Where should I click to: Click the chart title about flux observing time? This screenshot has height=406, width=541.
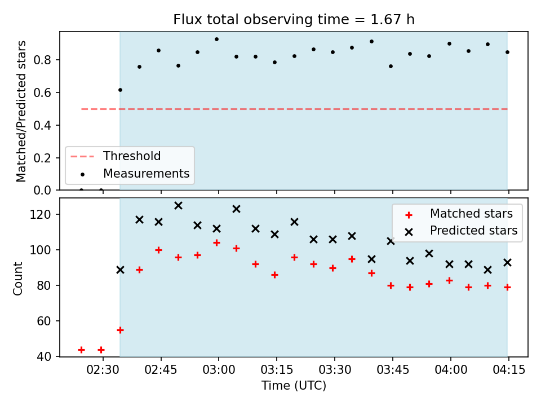tap(294, 20)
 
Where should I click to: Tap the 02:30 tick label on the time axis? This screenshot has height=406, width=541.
tap(103, 370)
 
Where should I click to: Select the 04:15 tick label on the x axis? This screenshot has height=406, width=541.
tap(509, 370)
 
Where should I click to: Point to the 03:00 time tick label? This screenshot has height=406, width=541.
tap(219, 370)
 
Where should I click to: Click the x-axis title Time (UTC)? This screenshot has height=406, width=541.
tap(294, 385)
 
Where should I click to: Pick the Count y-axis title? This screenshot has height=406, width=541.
tap(17, 279)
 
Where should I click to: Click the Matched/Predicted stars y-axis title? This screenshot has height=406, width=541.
tap(21, 111)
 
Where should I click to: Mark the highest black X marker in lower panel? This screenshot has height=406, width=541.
tap(179, 206)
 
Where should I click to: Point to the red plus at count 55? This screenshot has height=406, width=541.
tap(120, 330)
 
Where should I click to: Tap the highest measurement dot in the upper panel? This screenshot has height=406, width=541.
tap(216, 39)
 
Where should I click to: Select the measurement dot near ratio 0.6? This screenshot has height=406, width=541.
tap(120, 90)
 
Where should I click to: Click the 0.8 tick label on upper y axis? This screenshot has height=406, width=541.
tap(42, 60)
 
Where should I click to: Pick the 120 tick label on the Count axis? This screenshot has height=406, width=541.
tap(41, 214)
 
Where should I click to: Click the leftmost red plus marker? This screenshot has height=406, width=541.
tap(81, 350)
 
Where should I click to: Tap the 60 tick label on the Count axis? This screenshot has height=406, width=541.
tap(44, 321)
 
